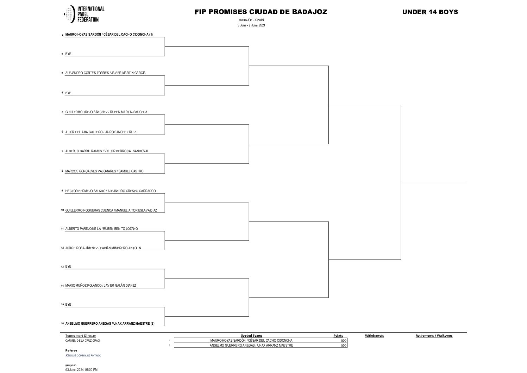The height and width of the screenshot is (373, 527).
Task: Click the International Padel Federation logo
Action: click(x=84, y=14)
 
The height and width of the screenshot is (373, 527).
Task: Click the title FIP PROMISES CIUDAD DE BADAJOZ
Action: click(x=261, y=12)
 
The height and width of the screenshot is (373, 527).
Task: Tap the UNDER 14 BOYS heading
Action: click(x=430, y=12)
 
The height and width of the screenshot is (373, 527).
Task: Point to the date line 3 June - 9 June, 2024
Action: click(x=251, y=25)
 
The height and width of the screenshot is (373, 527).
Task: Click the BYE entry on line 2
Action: click(x=68, y=54)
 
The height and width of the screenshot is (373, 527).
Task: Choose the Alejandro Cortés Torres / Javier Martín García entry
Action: click(x=105, y=73)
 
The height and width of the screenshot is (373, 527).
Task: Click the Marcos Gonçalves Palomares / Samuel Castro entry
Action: click(x=104, y=171)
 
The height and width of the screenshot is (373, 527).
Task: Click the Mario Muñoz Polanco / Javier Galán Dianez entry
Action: click(x=101, y=286)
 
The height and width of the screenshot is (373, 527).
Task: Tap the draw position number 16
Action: click(x=62, y=324)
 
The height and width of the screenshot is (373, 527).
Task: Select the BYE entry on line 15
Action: click(x=68, y=305)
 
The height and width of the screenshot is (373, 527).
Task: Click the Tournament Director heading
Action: click(x=81, y=336)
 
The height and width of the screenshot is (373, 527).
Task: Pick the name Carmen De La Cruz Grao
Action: click(x=80, y=341)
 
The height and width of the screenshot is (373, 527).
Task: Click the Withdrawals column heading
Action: click(x=374, y=336)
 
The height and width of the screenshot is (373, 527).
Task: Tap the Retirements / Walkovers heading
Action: click(x=434, y=336)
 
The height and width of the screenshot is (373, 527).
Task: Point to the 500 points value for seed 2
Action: click(x=344, y=346)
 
